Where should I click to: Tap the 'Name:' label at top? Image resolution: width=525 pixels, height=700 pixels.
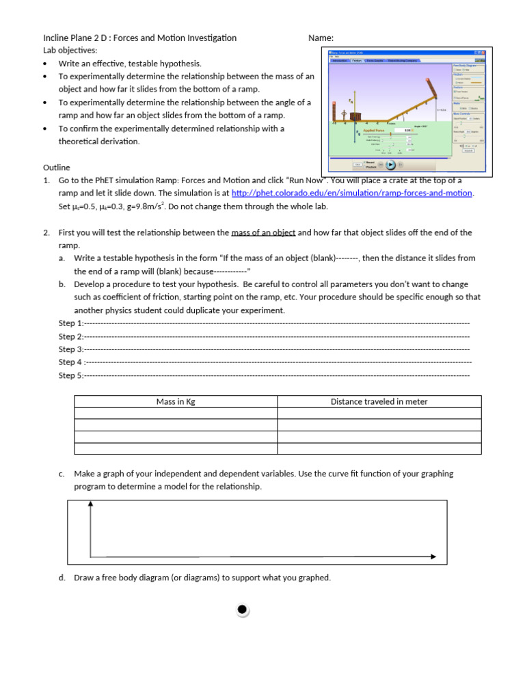click(x=321, y=38)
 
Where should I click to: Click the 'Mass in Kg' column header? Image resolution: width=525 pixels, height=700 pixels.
click(x=176, y=402)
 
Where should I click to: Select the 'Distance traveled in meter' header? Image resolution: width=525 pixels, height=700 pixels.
click(x=379, y=402)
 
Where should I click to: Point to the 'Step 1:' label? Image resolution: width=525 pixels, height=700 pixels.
click(x=70, y=323)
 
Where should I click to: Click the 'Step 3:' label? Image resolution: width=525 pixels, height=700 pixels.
click(x=70, y=349)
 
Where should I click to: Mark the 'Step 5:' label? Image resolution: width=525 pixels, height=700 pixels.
click(x=70, y=375)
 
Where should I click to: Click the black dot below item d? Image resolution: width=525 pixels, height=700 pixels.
click(x=243, y=610)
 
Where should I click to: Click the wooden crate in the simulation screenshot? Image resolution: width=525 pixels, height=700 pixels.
click(x=355, y=117)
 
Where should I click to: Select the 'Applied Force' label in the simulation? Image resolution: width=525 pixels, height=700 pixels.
click(x=373, y=130)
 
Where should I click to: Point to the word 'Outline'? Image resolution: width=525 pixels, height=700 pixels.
click(x=57, y=167)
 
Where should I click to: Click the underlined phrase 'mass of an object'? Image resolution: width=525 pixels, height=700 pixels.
click(x=263, y=232)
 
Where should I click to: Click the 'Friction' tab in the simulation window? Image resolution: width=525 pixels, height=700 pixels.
click(x=356, y=61)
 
